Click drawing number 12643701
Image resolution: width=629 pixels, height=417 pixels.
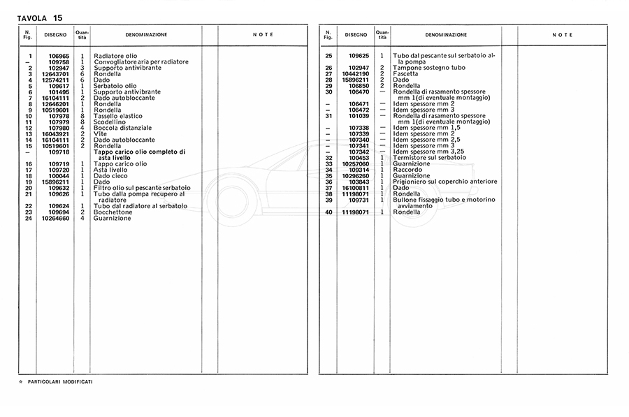[x=55, y=74]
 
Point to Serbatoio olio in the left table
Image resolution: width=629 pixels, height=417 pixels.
[x=115, y=86]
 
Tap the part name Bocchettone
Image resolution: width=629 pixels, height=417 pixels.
[x=115, y=212]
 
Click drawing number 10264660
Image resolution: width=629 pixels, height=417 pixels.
[x=55, y=218]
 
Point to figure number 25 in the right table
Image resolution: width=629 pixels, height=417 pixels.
[x=328, y=56]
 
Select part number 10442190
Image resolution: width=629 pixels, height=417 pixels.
[x=355, y=74]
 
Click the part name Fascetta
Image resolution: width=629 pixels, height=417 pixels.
[x=406, y=74]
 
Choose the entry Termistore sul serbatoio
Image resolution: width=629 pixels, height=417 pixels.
[x=430, y=158]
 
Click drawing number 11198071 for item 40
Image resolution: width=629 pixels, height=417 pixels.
[x=355, y=212]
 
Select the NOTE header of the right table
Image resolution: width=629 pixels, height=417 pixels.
[x=562, y=35]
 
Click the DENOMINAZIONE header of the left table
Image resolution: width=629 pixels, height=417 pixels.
[x=146, y=35]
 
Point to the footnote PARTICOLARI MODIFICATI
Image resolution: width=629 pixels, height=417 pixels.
[x=61, y=382]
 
